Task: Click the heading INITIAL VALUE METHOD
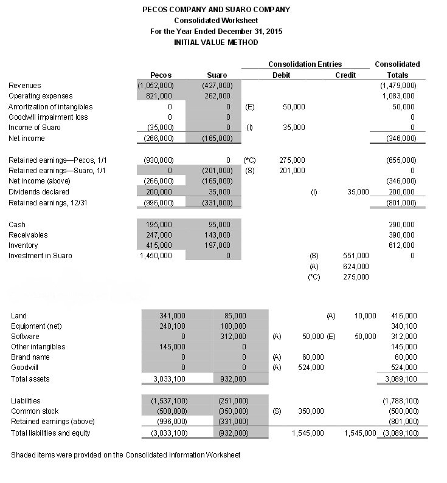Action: pyautogui.click(x=216, y=42)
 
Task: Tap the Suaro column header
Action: pyautogui.click(x=217, y=75)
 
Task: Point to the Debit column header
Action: pyautogui.click(x=281, y=75)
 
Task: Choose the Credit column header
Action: pyautogui.click(x=345, y=75)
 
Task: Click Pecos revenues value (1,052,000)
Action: pyautogui.click(x=156, y=86)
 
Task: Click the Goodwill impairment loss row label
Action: pyautogui.click(x=48, y=117)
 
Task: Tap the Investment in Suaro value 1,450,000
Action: pyautogui.click(x=156, y=256)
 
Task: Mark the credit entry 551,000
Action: pyautogui.click(x=356, y=256)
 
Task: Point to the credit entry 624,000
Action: pyautogui.click(x=356, y=266)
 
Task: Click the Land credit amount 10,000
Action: pyautogui.click(x=365, y=316)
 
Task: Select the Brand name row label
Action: pyautogui.click(x=30, y=357)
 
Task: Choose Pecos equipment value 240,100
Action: pyautogui.click(x=172, y=326)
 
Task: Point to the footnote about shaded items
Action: pyautogui.click(x=126, y=455)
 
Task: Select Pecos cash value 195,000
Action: pyautogui.click(x=159, y=225)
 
